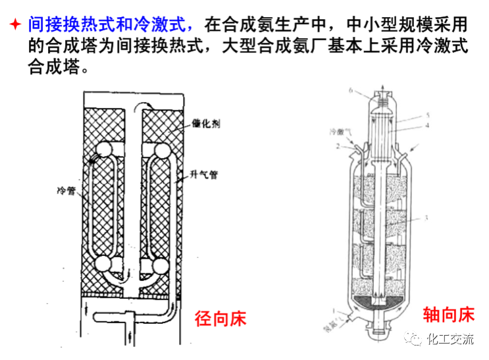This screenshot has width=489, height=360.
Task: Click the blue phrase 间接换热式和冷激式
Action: click(111, 26)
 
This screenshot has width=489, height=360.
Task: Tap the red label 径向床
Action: click(220, 319)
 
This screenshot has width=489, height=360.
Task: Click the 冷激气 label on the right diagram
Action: click(342, 132)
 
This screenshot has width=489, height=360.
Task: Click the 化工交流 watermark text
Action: click(450, 340)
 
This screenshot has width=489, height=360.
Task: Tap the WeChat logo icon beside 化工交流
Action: click(416, 340)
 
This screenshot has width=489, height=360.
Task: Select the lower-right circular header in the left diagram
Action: click(160, 265)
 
